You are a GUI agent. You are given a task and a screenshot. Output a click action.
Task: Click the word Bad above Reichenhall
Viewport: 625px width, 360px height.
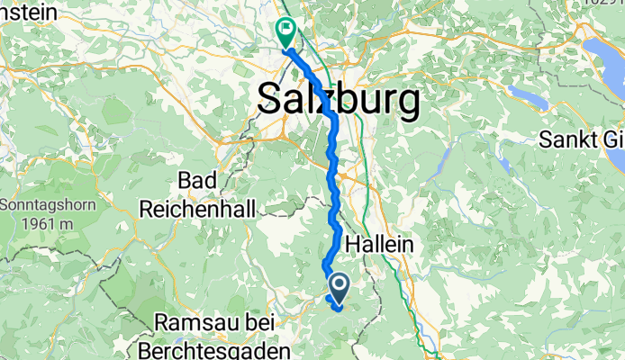click(x=197, y=180)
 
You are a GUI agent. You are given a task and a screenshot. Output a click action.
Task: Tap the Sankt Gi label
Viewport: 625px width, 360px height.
click(x=581, y=139)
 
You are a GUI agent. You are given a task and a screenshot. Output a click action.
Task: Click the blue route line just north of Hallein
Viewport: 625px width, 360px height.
click(x=335, y=216)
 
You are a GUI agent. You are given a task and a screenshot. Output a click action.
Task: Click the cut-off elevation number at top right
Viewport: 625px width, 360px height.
click(x=603, y=4)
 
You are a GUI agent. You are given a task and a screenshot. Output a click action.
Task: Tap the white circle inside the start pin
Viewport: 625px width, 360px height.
click(x=340, y=284)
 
